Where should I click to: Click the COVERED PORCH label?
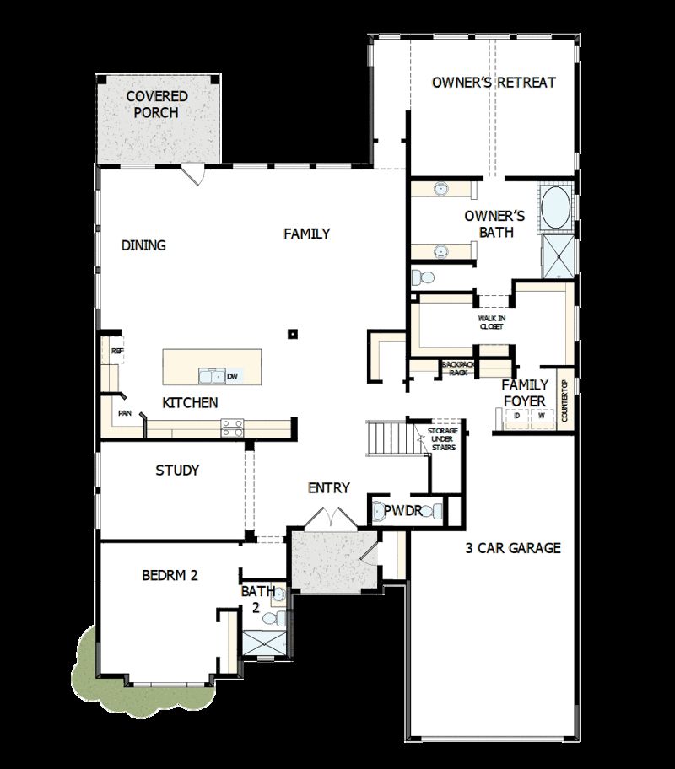(x=157, y=105)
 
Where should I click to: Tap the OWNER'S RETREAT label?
(x=494, y=83)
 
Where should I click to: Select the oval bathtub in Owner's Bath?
(x=555, y=209)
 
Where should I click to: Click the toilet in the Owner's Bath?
(x=423, y=277)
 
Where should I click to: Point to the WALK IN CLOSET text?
(x=491, y=321)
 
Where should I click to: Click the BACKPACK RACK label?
(x=458, y=368)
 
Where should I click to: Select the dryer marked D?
(x=516, y=416)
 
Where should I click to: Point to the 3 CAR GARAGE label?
(x=512, y=548)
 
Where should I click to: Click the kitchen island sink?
(x=211, y=376)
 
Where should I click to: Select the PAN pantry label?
(x=125, y=413)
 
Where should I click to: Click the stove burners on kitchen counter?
(x=232, y=428)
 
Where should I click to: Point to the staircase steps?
(x=386, y=438)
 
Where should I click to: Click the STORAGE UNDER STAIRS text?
(x=442, y=439)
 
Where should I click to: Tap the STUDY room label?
(x=177, y=471)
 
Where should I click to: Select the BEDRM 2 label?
(x=169, y=576)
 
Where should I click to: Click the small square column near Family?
(x=292, y=333)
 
